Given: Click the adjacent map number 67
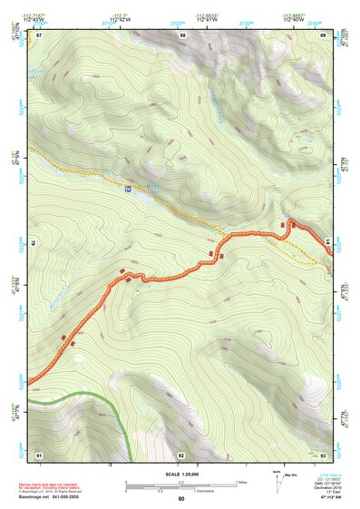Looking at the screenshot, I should (x=39, y=34).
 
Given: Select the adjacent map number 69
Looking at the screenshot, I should (x=324, y=34).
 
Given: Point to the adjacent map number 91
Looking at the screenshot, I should (x=39, y=454).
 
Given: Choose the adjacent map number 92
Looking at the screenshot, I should (x=181, y=454).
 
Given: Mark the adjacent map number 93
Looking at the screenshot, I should (x=324, y=454).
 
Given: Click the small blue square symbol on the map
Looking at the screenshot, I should (x=128, y=189).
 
